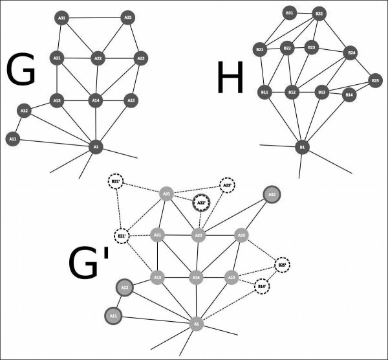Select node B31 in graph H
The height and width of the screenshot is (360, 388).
pos(290,12)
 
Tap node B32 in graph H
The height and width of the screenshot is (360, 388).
pos(319,13)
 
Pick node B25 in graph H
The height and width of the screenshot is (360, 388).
pos(375,80)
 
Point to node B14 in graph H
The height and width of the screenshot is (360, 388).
pos(349,95)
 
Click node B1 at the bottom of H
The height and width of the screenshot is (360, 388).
pos(301,148)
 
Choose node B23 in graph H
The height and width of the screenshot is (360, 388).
pos(312,47)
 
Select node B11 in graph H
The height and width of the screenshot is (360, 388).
pos(264,93)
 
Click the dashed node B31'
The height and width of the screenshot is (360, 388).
pos(116,182)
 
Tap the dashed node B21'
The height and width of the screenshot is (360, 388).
pos(121,236)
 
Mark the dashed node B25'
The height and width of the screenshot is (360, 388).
pos(282,265)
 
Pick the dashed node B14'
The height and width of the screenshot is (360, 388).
pos(261,286)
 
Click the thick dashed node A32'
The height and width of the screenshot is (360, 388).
pos(200,202)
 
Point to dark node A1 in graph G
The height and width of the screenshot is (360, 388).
pos(96,148)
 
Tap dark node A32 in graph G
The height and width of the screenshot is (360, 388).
pos(128,18)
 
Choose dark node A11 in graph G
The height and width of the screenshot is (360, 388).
pos(12,138)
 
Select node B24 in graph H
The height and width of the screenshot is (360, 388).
pos(352,52)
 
